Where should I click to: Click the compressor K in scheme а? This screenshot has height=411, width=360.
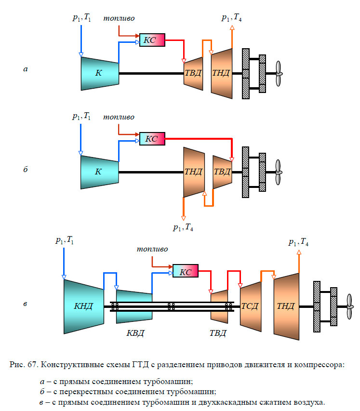click(x=99, y=73)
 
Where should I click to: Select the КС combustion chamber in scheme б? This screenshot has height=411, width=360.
click(x=152, y=139)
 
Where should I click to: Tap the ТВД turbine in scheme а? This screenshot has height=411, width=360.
click(x=193, y=73)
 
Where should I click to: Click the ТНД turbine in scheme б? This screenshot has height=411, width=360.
click(x=194, y=172)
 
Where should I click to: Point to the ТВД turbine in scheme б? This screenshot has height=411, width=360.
click(x=222, y=172)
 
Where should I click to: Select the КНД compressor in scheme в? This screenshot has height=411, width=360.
click(x=83, y=306)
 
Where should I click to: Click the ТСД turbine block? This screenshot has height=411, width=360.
click(x=250, y=306)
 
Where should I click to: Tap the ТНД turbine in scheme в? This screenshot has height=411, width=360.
click(x=286, y=306)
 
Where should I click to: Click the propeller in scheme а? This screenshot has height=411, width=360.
click(x=278, y=74)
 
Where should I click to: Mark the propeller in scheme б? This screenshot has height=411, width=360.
click(x=278, y=172)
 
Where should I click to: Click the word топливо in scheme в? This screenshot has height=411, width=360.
click(x=152, y=249)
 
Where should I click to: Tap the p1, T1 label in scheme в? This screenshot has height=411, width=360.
click(x=64, y=240)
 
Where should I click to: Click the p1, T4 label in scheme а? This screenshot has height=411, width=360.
click(x=232, y=18)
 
